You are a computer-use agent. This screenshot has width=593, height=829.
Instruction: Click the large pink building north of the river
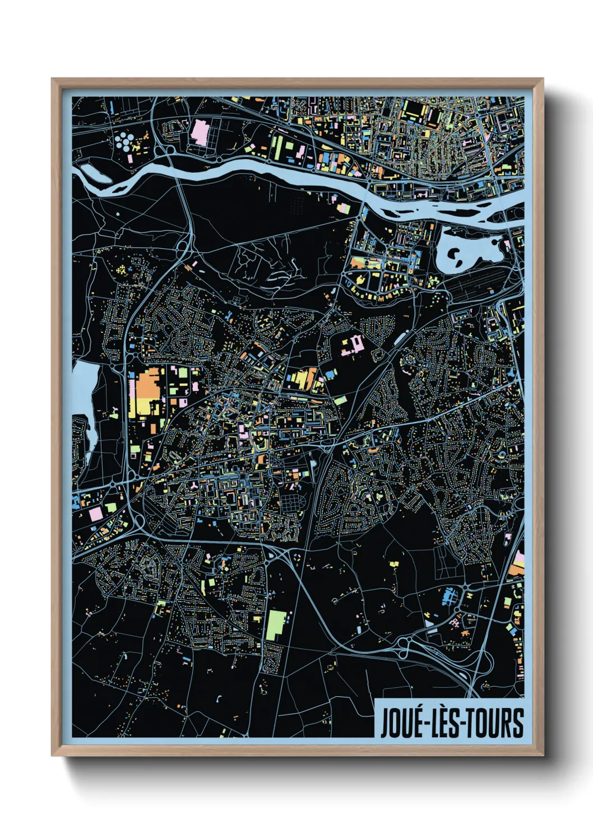200,132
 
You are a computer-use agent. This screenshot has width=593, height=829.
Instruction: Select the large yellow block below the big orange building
139,407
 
